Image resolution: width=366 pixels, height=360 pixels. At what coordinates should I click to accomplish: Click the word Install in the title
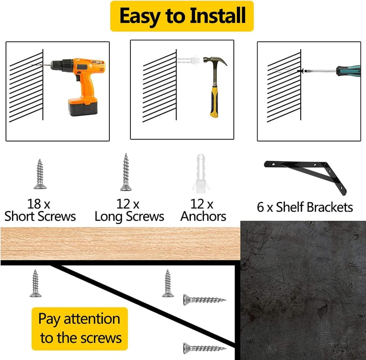[x=217, y=16]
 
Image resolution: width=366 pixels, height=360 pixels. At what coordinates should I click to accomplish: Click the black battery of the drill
[x=83, y=108]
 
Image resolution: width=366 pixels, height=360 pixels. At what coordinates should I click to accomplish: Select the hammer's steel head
[x=215, y=61]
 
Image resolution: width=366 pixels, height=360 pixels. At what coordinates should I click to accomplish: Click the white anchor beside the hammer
[x=188, y=60]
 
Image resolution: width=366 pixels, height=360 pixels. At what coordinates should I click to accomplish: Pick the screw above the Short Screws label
[x=40, y=174]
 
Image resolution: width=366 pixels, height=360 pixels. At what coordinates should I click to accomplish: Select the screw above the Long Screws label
[x=126, y=172]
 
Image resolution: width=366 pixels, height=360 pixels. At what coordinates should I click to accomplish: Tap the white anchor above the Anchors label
[x=201, y=174]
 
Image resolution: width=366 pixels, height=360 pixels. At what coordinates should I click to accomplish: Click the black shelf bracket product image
[x=305, y=176]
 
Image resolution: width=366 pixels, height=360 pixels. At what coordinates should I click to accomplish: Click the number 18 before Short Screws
[x=34, y=204]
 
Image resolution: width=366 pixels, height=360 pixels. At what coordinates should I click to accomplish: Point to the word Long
[x=109, y=217]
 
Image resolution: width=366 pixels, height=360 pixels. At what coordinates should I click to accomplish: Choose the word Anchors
[x=203, y=216]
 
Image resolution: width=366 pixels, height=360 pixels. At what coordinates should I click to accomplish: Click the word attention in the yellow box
[x=92, y=319]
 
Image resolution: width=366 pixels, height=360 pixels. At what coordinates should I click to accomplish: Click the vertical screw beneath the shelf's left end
[x=36, y=283]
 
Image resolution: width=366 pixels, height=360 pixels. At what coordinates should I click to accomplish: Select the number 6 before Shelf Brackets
[x=260, y=207]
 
